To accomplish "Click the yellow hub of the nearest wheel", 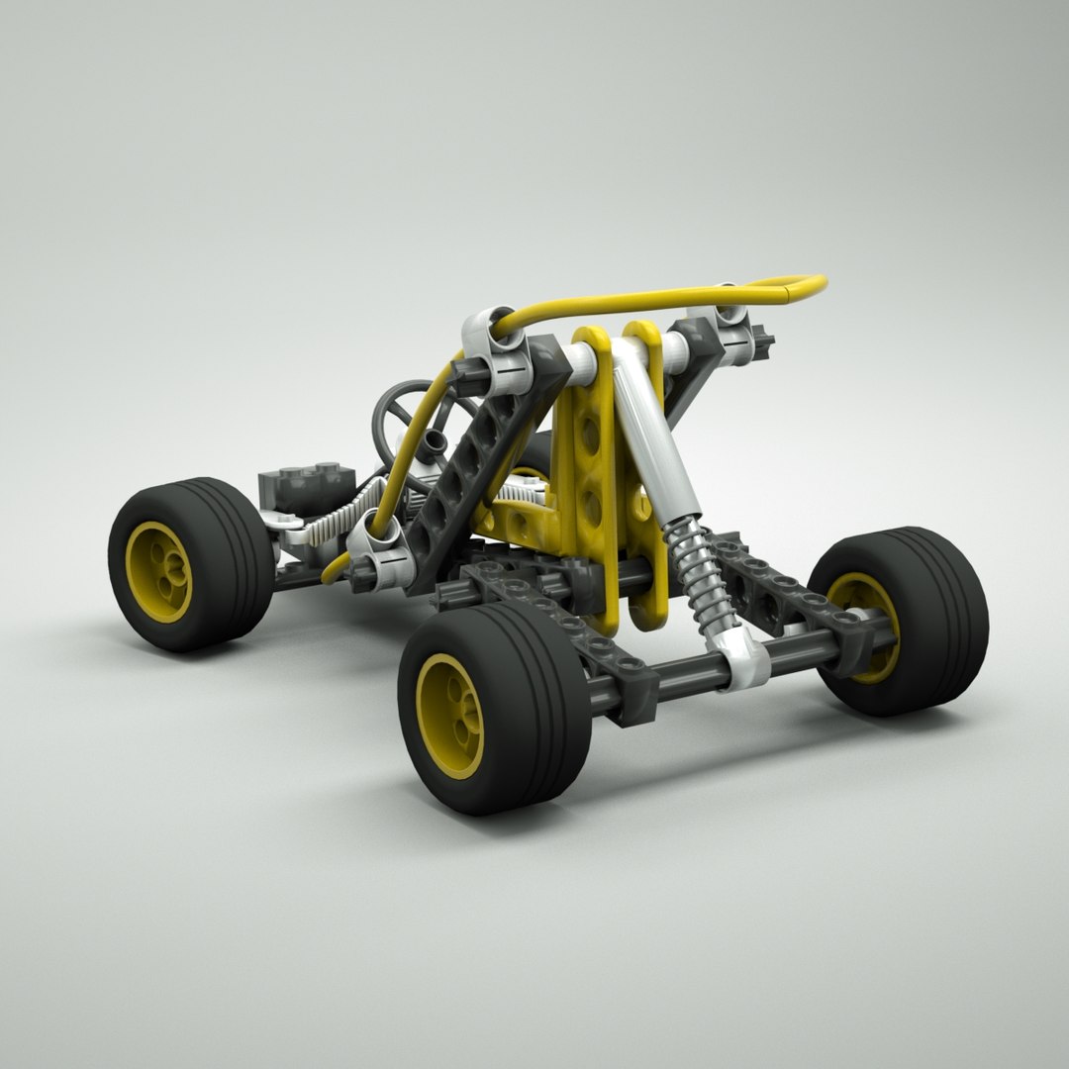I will tap(449, 715).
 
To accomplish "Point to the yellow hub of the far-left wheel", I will tap(158, 571).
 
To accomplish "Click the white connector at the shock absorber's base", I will tap(744, 662).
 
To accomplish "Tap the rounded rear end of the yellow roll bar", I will tap(807, 286).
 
